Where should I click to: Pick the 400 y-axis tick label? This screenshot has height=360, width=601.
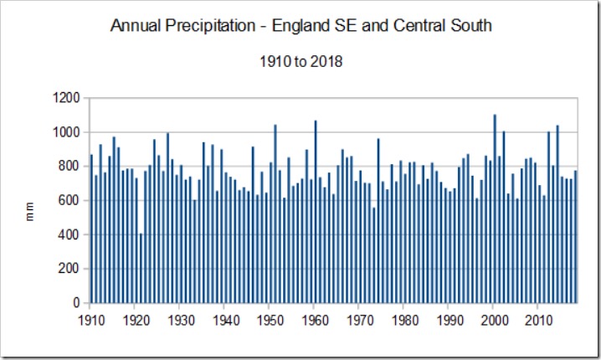pyautogui.click(x=69, y=235)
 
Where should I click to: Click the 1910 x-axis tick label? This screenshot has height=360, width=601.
pyautogui.click(x=90, y=319)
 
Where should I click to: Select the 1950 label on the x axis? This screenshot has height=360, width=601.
pyautogui.click(x=270, y=319)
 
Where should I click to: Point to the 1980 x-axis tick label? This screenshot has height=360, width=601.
pyautogui.click(x=404, y=319)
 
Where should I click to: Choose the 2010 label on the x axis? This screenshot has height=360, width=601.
pyautogui.click(x=539, y=319)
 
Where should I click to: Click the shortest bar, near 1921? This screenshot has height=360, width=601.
pyautogui.click(x=141, y=268)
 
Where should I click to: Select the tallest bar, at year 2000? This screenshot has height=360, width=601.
pyautogui.click(x=495, y=208)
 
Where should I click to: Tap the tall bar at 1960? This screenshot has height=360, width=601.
pyautogui.click(x=316, y=212)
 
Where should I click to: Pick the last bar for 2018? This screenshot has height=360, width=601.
pyautogui.click(x=576, y=237)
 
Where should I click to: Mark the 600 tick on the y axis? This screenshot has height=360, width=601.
pyautogui.click(x=69, y=201)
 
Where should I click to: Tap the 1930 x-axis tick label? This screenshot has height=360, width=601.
pyautogui.click(x=180, y=319)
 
